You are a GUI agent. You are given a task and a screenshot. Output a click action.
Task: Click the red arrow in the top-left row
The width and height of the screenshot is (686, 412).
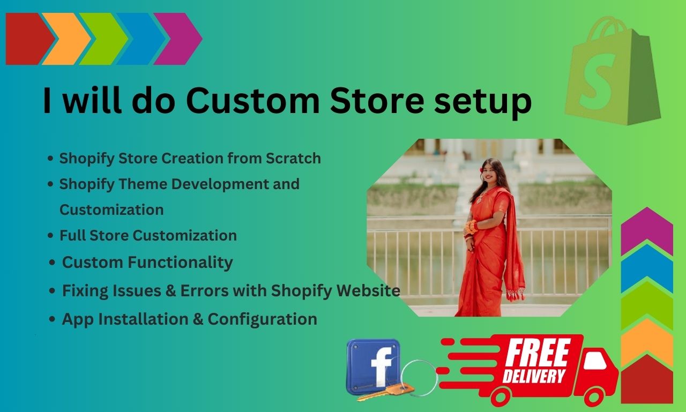[29, 39]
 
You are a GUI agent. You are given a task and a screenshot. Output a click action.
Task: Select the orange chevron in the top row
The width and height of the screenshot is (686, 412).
[68, 39]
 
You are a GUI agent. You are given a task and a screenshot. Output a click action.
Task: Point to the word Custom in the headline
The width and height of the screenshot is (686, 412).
[253, 101]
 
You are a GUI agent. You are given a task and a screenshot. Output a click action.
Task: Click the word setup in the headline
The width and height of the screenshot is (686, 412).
[483, 102]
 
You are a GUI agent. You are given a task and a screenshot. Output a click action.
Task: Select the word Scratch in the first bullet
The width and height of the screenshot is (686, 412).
[293, 158]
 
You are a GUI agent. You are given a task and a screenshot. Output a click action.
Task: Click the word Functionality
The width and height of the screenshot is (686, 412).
[180, 263]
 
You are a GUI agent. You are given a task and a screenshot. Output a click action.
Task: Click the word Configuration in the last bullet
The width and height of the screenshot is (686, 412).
[263, 320]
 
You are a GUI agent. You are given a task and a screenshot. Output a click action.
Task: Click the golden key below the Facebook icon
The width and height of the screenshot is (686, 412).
[386, 393]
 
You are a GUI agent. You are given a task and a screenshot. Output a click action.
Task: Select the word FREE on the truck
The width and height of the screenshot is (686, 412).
[538, 353]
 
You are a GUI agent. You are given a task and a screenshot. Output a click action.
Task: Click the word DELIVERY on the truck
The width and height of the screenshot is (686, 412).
[534, 376]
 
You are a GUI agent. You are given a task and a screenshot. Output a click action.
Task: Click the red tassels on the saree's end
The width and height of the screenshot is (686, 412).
[516, 295]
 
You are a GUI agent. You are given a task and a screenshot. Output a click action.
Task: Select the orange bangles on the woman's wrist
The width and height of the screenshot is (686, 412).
[471, 227]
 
